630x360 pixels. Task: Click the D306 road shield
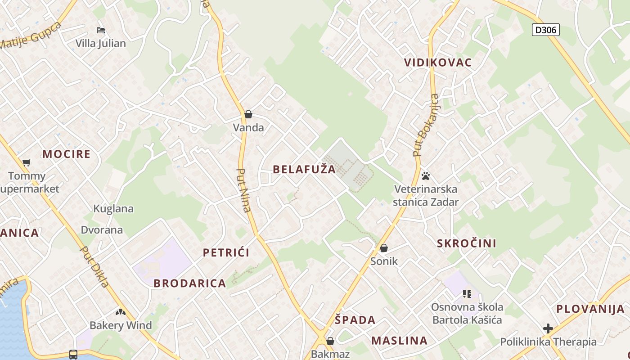point(545,30)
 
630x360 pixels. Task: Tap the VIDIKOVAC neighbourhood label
point(438,63)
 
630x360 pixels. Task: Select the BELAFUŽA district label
point(304,169)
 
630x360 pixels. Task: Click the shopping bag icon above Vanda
point(248,114)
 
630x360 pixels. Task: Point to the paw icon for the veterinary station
point(425,175)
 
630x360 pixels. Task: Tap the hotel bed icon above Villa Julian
point(101,30)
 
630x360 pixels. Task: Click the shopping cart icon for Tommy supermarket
point(27,162)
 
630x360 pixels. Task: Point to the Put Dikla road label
point(94,266)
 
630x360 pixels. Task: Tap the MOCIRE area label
point(67,154)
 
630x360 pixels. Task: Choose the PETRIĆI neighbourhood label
point(226,252)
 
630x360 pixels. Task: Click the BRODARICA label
point(189,283)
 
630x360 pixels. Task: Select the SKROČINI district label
point(467,243)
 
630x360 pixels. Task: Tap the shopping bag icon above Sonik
point(384,248)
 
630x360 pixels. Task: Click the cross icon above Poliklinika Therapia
point(548,328)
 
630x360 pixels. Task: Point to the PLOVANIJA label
point(590,309)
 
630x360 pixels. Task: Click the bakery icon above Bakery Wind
point(120,312)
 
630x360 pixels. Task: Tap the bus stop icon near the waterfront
point(73,354)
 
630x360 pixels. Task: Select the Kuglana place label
point(113,208)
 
